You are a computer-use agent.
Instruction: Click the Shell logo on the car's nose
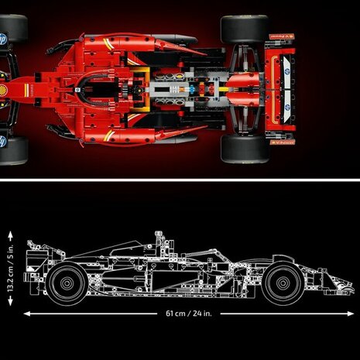pyautogui.click(x=5, y=91)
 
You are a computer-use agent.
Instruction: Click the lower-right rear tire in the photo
pyautogui.click(x=244, y=151)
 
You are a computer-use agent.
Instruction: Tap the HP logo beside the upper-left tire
pyautogui.click(x=5, y=36)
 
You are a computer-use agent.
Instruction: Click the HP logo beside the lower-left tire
pyautogui.click(x=5, y=140)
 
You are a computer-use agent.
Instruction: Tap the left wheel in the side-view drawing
pyautogui.click(x=66, y=283)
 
